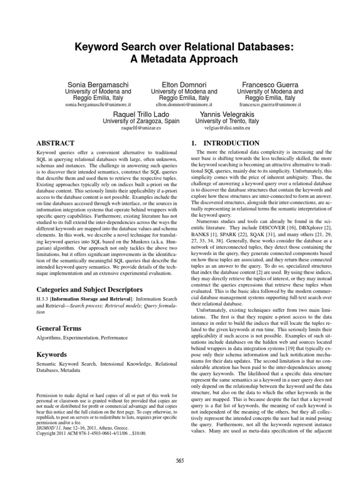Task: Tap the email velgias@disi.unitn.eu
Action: pos(227,127)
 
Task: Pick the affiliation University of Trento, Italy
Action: pos(227,120)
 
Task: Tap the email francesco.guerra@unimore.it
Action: pos(270,105)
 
